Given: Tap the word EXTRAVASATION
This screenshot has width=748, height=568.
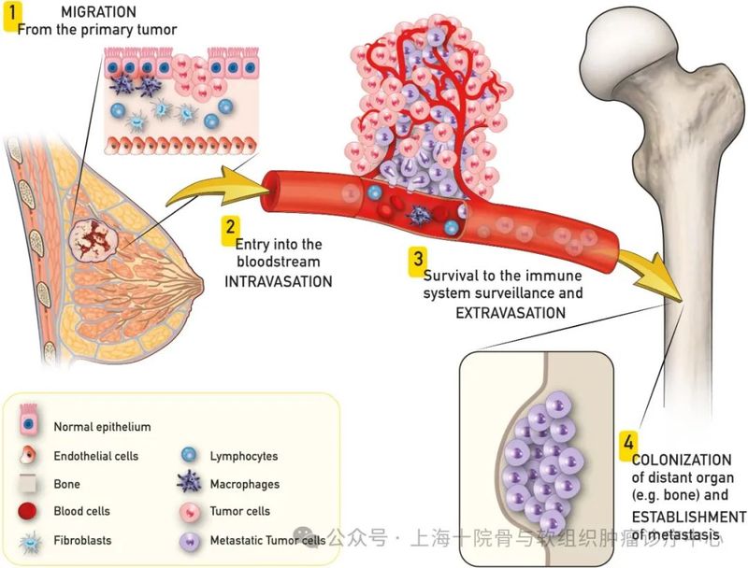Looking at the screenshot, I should point(510,312).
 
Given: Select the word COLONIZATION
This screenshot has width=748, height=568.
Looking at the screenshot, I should point(682,460).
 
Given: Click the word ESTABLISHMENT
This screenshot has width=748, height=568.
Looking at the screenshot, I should point(689,517).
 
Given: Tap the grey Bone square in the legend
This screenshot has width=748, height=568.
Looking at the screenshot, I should point(29,484).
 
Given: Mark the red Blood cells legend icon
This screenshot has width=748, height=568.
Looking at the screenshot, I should point(29,511).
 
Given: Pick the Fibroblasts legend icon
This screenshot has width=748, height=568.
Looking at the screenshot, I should point(29,540).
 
